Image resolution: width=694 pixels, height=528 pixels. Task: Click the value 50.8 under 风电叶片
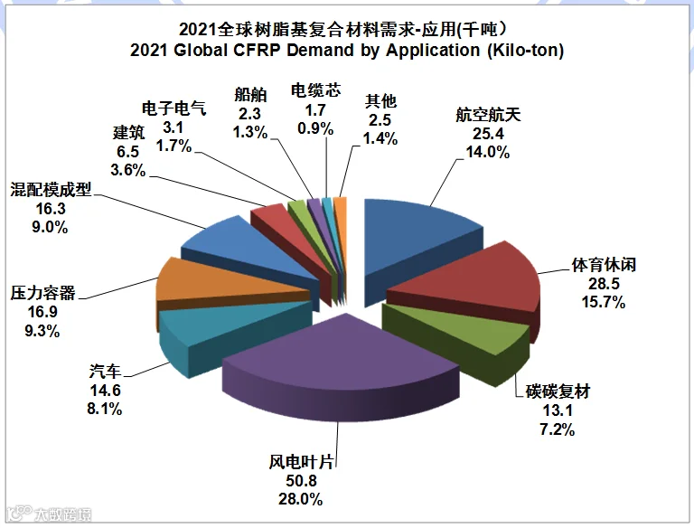(x=301, y=481)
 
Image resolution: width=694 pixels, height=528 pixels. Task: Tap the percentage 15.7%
(x=604, y=302)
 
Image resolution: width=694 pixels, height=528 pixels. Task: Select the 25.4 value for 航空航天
(x=488, y=133)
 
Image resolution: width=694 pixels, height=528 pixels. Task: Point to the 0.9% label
(x=315, y=128)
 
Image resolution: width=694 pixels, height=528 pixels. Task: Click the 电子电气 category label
(x=173, y=108)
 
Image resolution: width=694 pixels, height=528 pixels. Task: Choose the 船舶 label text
(x=250, y=94)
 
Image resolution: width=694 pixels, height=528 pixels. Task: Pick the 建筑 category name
(x=128, y=132)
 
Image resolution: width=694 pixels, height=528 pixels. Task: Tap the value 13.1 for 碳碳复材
(x=558, y=410)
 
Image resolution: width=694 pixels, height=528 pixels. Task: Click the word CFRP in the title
(x=257, y=50)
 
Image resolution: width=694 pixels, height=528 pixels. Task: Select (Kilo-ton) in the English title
(x=525, y=51)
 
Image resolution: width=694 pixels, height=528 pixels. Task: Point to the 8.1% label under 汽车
(x=105, y=409)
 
